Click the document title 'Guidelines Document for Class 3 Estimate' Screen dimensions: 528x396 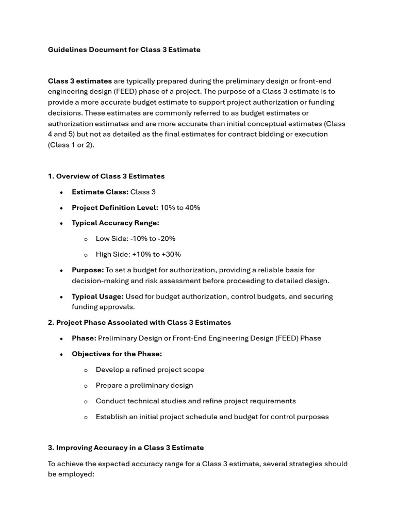(124, 49)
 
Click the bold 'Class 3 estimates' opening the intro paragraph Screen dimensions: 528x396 (80, 81)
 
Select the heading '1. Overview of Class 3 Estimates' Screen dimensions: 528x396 (106, 176)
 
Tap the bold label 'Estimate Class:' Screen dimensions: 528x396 (100, 192)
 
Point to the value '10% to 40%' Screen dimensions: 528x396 (180, 207)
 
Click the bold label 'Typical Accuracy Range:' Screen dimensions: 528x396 (115, 223)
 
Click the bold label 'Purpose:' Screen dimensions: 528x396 (88, 270)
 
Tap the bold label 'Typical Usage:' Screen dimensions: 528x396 (97, 296)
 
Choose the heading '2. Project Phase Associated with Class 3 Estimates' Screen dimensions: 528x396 (139, 322)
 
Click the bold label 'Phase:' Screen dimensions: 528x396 (84, 338)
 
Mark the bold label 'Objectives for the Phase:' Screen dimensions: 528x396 (117, 354)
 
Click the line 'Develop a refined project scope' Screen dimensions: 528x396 (150, 370)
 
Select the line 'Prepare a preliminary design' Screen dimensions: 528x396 (144, 385)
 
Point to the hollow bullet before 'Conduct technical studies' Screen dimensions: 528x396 (86, 401)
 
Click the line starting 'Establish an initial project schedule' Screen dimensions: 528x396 (212, 417)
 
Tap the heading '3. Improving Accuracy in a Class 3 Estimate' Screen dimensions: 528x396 (126, 448)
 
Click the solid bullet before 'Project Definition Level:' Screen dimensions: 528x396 (61, 208)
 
